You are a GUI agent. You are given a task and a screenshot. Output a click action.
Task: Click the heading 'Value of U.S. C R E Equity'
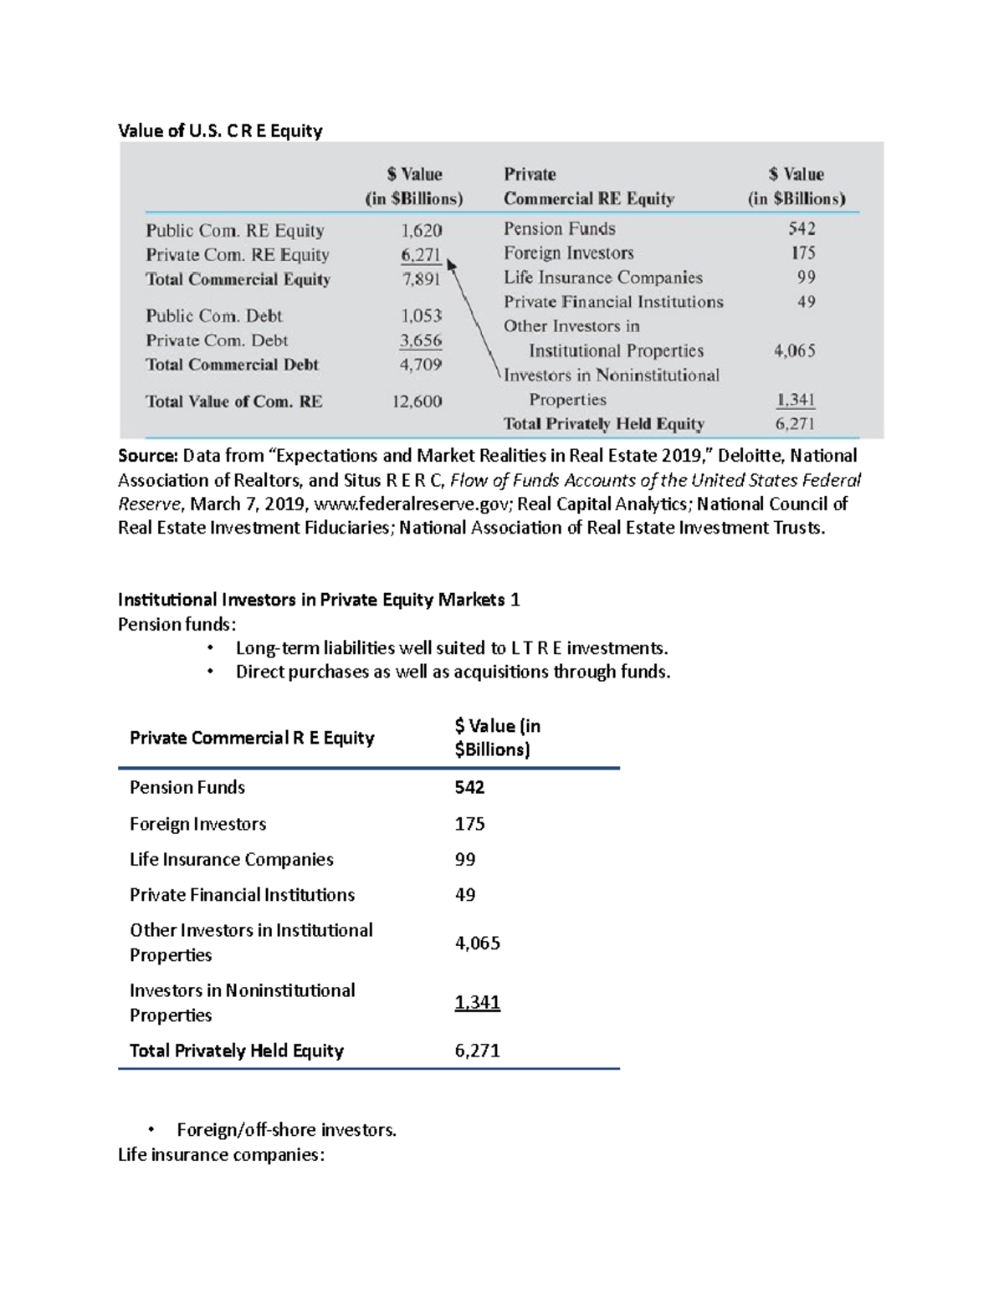tap(219, 130)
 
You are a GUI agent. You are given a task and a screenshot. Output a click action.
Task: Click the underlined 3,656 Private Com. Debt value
tap(421, 340)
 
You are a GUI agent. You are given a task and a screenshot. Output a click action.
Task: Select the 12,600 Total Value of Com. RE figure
tap(417, 401)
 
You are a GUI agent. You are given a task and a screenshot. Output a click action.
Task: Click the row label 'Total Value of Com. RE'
tap(233, 401)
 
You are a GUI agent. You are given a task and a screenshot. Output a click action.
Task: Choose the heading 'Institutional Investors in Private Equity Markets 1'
tap(319, 600)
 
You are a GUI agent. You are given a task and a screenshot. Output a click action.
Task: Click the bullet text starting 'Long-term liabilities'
tap(452, 648)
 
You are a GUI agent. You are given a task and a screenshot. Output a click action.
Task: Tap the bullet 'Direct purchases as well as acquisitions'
tap(453, 672)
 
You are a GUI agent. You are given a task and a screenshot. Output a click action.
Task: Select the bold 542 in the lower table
tap(469, 787)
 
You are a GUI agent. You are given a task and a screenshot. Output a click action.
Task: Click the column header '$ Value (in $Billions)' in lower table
tap(497, 738)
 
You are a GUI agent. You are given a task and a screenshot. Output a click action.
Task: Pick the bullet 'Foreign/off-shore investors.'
tap(286, 1130)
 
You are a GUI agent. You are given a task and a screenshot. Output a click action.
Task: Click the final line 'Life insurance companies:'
tap(221, 1155)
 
